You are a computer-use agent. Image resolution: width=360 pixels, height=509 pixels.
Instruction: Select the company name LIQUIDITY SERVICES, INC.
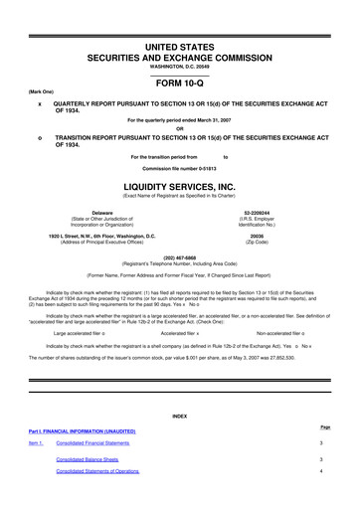pyautogui.click(x=179, y=187)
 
